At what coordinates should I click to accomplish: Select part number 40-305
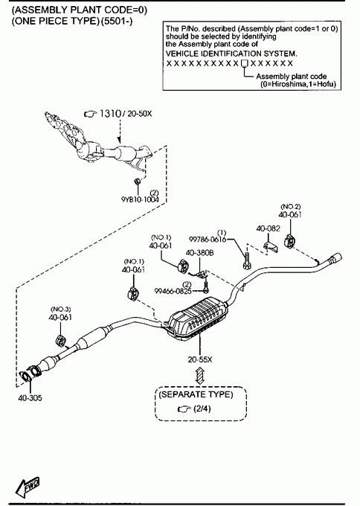[30, 398]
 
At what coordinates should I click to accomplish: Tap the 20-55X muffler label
[200, 359]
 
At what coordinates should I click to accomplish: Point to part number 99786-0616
[208, 240]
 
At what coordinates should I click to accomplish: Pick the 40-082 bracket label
[269, 228]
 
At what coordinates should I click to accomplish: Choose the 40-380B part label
[199, 253]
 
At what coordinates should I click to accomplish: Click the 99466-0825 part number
[173, 291]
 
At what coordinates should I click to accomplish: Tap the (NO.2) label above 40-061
[291, 207]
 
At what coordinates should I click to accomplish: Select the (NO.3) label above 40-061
[61, 309]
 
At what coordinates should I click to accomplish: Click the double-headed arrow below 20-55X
[200, 376]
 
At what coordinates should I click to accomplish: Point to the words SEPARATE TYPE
[196, 394]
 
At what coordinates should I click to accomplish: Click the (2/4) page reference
[202, 409]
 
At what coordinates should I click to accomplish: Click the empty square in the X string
[244, 63]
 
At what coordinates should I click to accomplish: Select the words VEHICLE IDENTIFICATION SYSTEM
[231, 54]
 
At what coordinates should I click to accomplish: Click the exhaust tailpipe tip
[335, 258]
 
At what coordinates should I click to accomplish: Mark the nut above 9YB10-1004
[137, 182]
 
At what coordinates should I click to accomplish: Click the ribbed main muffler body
[197, 318]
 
